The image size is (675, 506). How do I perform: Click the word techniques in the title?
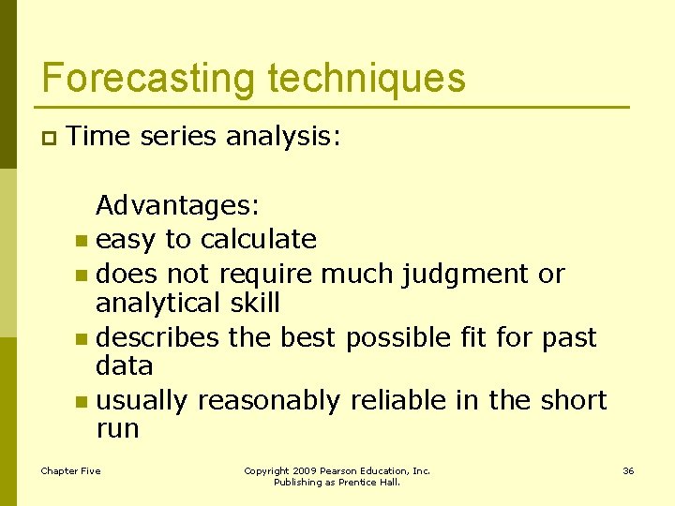(x=360, y=79)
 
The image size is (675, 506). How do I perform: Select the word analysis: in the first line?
(x=284, y=137)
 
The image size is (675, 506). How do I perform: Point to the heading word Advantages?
(x=178, y=204)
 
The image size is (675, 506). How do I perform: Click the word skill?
(x=254, y=303)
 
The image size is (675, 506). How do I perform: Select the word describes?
(x=157, y=336)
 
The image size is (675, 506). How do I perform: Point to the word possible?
(x=397, y=336)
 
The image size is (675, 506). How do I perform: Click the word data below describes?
(x=124, y=365)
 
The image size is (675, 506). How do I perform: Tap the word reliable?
(x=399, y=400)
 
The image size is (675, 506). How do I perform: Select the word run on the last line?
(x=117, y=429)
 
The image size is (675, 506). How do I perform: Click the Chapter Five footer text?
(x=70, y=470)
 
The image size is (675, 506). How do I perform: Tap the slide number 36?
(x=628, y=470)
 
